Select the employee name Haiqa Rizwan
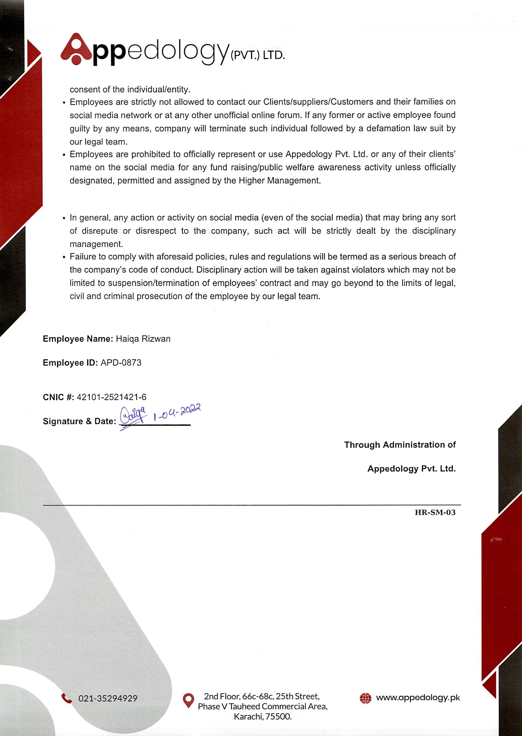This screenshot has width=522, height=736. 143,339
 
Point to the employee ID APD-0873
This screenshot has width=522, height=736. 121,363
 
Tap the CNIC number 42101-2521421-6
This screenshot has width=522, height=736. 112,397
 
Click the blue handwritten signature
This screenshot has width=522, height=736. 133,416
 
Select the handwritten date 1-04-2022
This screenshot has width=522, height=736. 177,412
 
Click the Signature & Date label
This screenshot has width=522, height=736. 80,421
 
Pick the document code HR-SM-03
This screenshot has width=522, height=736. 435,512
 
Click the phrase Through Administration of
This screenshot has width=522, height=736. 400,445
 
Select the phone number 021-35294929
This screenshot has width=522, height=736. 108,698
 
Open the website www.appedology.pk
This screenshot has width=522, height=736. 418,698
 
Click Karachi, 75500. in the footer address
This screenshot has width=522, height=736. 263,716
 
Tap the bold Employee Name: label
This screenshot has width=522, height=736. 78,339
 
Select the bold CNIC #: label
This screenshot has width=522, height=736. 58,397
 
